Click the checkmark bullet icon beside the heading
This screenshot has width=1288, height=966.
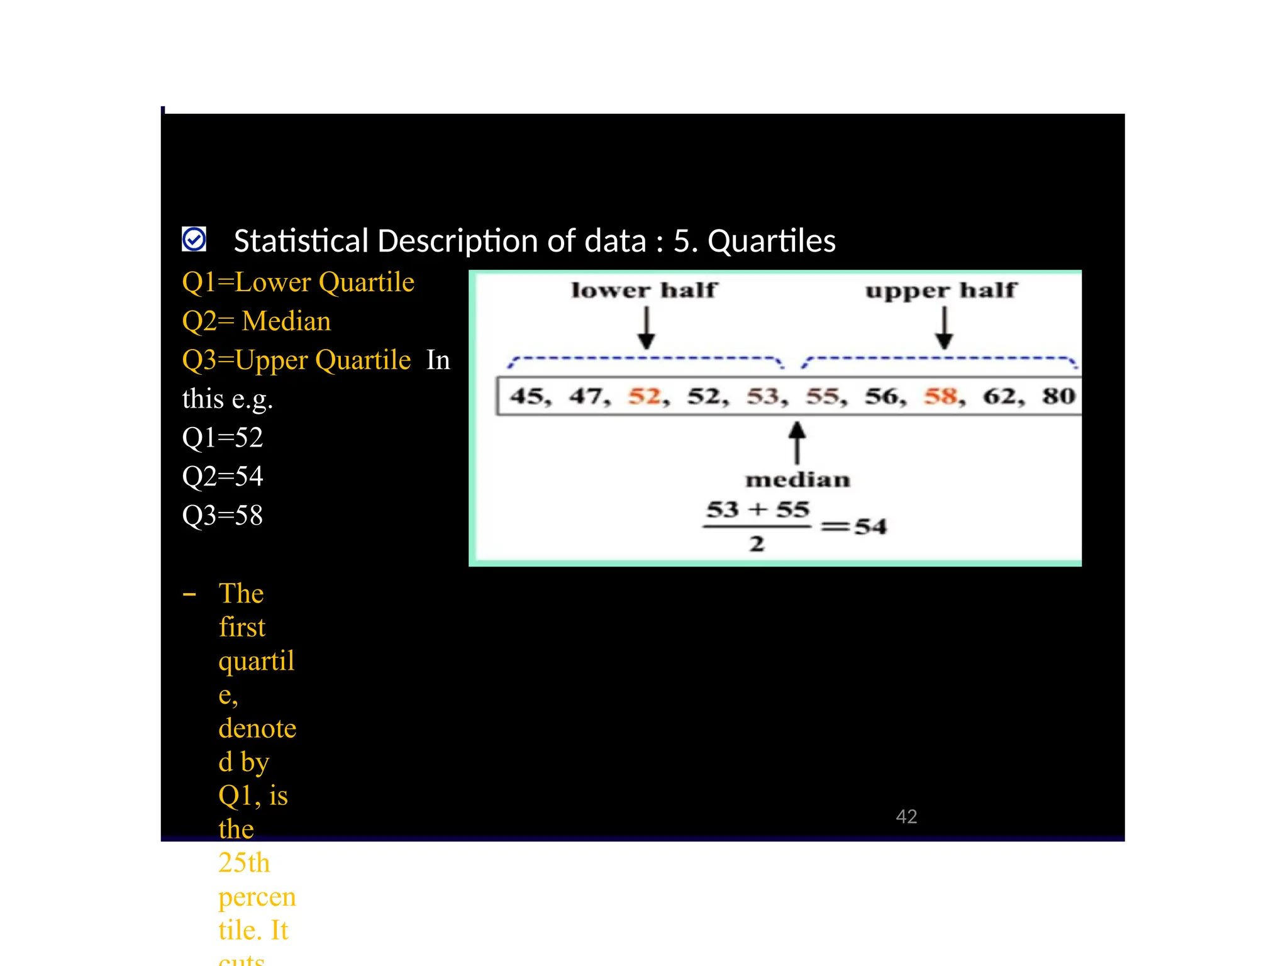tap(194, 240)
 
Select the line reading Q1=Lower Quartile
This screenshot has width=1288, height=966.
tap(298, 282)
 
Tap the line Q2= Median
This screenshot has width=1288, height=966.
tap(256, 321)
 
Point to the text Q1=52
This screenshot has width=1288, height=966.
tap(222, 438)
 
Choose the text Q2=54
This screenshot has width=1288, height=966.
tap(222, 477)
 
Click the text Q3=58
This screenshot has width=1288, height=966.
tap(222, 516)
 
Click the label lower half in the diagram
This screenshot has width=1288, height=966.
tap(643, 290)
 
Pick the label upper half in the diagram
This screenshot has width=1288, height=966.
tap(940, 290)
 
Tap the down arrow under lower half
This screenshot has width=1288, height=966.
tap(646, 328)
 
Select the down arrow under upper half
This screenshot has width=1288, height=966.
tap(943, 328)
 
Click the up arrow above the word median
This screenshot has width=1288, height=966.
tap(797, 442)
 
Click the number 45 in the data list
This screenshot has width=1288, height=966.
tap(527, 396)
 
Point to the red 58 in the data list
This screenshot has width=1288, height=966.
tap(941, 396)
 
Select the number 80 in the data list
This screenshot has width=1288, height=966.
tap(1058, 396)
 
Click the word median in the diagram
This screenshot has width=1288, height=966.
tap(797, 480)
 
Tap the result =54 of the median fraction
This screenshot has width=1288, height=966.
tap(855, 526)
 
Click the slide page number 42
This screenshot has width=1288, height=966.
tap(906, 816)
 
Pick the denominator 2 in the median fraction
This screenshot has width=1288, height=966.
tap(757, 543)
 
